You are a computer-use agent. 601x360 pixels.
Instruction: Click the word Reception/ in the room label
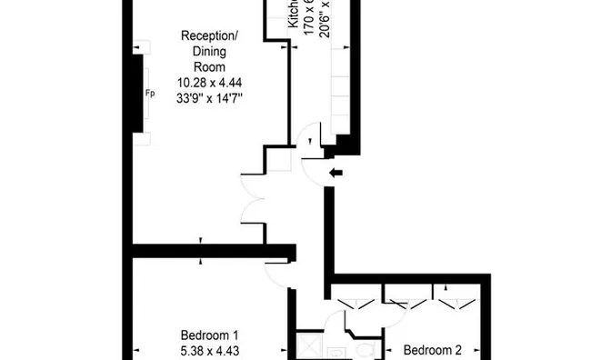(x=210, y=36)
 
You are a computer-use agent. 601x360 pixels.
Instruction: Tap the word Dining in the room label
(x=210, y=52)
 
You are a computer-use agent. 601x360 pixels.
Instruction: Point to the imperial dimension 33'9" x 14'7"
(x=210, y=97)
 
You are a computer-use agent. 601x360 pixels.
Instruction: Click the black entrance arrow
(x=336, y=172)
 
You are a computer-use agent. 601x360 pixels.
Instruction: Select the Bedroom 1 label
(x=210, y=332)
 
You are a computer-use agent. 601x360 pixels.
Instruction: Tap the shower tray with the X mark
(x=309, y=348)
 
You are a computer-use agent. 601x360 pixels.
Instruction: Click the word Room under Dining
(x=210, y=67)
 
